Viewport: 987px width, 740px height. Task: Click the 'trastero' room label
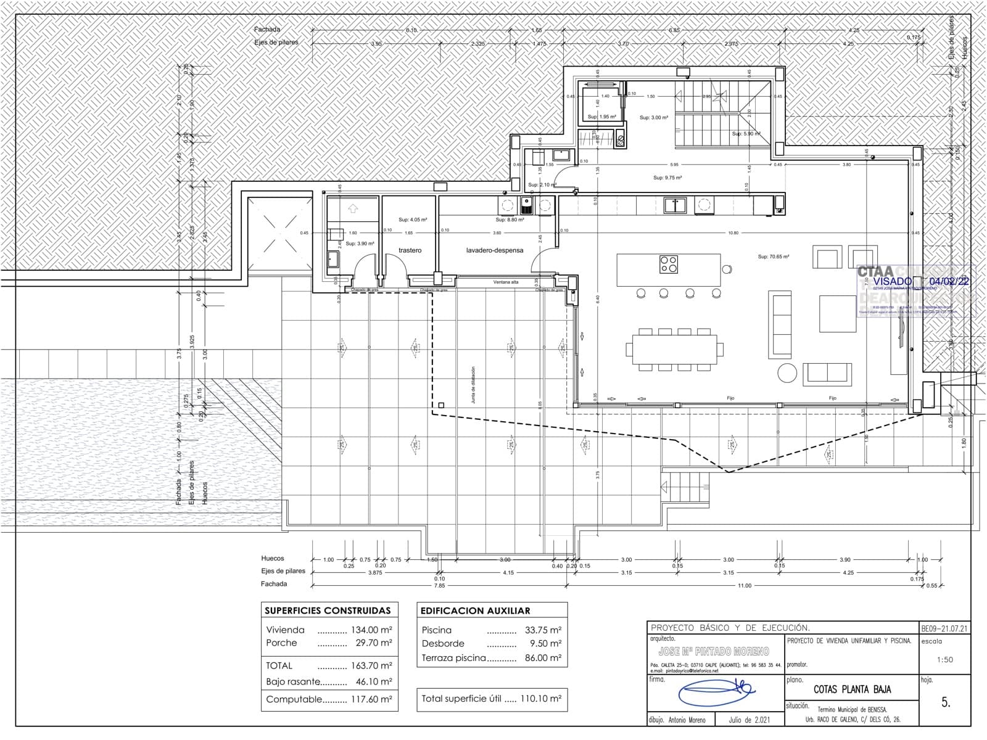(410, 250)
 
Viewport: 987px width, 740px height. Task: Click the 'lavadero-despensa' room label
(494, 250)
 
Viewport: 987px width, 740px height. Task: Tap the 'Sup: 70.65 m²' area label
(774, 257)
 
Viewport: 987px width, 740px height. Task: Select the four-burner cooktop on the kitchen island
(669, 264)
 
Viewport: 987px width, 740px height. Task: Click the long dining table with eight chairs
(674, 349)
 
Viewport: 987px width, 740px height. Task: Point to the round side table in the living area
(787, 372)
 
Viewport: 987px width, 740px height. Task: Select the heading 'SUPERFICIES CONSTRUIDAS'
(328, 610)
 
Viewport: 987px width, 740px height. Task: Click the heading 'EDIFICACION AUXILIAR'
(475, 610)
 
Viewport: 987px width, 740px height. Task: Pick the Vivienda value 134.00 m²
(373, 630)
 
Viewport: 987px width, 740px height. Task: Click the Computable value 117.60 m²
(373, 699)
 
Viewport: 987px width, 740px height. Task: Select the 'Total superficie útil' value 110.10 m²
(542, 699)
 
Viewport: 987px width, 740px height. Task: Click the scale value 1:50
(944, 659)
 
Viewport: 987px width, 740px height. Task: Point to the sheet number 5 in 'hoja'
(945, 702)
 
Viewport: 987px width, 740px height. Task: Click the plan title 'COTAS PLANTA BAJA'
(852, 689)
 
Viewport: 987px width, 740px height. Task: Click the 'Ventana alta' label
(506, 282)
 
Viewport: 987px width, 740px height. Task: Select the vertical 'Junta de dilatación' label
(473, 385)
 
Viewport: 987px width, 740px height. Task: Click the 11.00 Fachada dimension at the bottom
(745, 585)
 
